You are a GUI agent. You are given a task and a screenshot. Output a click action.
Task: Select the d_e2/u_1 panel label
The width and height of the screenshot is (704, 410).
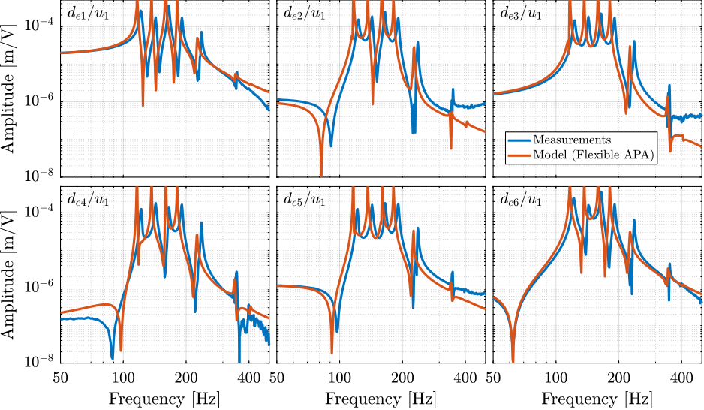tap(305, 13)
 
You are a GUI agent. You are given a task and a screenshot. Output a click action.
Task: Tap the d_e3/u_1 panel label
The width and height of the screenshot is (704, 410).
tap(521, 13)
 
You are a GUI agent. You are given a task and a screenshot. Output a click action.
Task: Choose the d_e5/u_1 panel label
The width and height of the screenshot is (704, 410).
tap(305, 200)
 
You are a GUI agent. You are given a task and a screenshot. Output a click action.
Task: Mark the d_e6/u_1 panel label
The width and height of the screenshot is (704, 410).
tap(521, 200)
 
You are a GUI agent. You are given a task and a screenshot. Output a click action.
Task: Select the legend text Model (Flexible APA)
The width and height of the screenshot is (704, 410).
tap(591, 155)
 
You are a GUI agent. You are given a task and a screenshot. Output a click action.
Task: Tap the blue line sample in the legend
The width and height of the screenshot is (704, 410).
tap(519, 140)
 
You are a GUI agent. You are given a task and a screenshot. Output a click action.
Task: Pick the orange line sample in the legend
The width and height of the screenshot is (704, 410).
tap(519, 155)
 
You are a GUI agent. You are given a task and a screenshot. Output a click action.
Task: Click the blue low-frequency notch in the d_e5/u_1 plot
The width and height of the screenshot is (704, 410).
tap(336, 330)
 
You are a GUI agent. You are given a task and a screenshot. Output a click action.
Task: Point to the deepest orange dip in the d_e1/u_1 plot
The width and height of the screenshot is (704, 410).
tap(143, 104)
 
